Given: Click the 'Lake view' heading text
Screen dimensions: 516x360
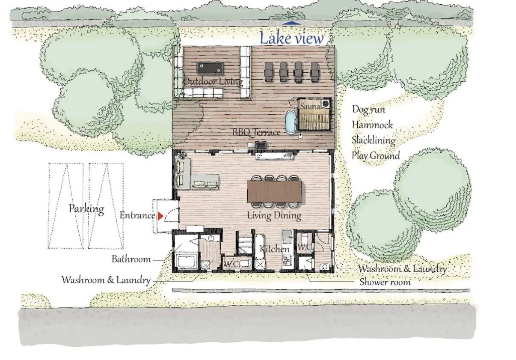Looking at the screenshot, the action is [x=292, y=38].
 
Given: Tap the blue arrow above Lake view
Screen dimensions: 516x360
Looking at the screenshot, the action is [x=291, y=23].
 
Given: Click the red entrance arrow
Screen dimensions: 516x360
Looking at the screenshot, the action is [x=160, y=216].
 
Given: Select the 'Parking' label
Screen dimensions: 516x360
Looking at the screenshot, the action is [x=86, y=209].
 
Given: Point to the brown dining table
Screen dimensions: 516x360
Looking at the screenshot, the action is [x=275, y=191].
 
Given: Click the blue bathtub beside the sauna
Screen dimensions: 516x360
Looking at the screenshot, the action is [x=291, y=122].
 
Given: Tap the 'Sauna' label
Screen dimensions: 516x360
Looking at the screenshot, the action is [x=311, y=106].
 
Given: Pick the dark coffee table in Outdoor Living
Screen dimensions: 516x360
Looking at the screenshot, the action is [x=211, y=68].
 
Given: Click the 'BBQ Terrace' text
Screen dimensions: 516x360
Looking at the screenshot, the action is [x=256, y=132].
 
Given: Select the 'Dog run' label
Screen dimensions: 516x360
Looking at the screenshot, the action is [x=368, y=109].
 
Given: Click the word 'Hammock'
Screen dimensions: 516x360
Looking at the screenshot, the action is [x=372, y=125].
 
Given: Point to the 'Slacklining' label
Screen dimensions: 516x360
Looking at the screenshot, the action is [x=374, y=140].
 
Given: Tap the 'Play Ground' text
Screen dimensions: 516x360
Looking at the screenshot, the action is [x=376, y=156].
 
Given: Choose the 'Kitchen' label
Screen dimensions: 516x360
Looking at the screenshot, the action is [x=275, y=249].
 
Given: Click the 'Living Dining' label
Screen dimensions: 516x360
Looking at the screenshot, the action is [x=274, y=216].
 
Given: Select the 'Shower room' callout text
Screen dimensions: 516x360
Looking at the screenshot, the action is [x=385, y=282].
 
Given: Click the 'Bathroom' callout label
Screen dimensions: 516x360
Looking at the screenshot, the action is [x=131, y=259].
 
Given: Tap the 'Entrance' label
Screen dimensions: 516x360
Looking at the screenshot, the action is [x=137, y=215].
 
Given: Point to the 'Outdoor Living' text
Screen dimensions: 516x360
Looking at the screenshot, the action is [x=214, y=82].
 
